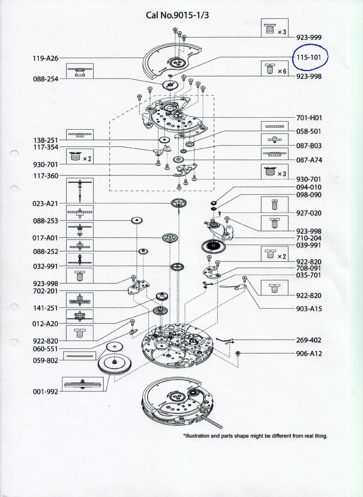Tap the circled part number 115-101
309,57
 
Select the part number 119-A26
45,58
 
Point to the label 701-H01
309,117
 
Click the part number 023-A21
45,203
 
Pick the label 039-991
309,245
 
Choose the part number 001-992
45,391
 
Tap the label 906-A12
309,354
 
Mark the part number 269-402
309,340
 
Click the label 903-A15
309,309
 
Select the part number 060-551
45,348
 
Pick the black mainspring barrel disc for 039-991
213,246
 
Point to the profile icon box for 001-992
83,384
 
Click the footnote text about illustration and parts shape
255,436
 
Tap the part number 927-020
309,213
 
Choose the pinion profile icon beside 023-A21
80,191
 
